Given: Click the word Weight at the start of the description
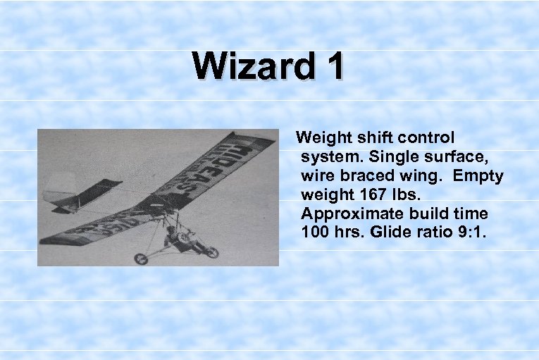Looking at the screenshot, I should click(322, 137).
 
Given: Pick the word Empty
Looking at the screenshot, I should click(478, 175).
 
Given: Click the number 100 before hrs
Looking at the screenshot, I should click(314, 232).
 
